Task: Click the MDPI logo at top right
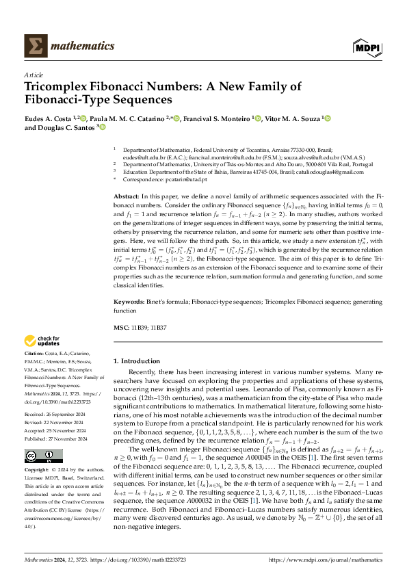(367, 47)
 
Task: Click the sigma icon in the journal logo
(34, 47)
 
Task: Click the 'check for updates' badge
(43, 341)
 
